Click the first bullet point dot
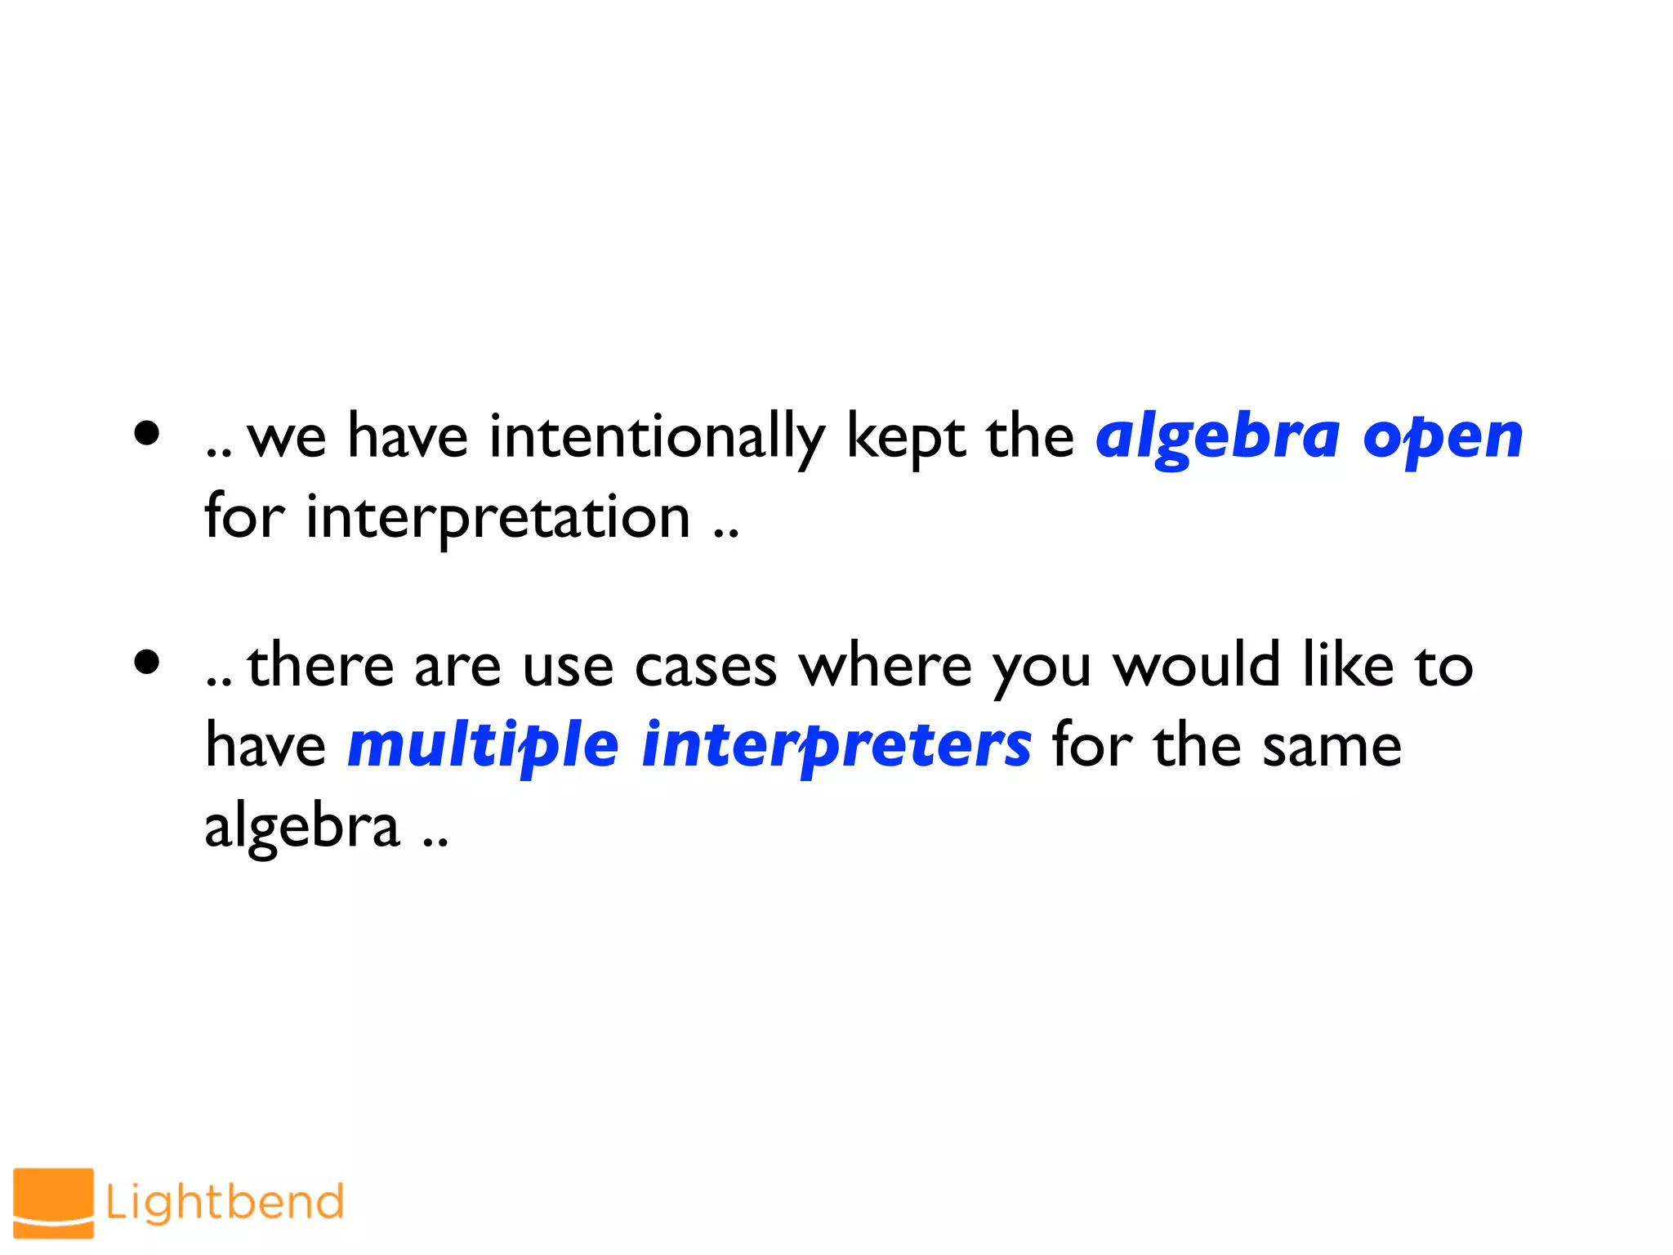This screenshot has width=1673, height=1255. click(x=147, y=434)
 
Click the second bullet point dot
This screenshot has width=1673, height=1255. click(x=147, y=663)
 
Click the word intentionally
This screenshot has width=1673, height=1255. click(x=657, y=437)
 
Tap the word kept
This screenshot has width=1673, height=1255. click(x=905, y=437)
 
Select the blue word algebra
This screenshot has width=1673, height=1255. click(x=1217, y=437)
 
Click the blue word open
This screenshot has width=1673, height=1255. click(x=1443, y=437)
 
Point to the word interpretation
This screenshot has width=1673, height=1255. click(x=498, y=518)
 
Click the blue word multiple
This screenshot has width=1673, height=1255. click(x=483, y=746)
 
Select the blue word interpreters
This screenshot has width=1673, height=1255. click(x=836, y=746)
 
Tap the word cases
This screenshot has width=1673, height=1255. click(x=706, y=666)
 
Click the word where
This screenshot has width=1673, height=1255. click(x=886, y=666)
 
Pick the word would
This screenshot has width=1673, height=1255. click(x=1197, y=666)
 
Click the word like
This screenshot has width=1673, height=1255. click(x=1348, y=666)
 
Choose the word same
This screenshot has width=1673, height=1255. click(x=1332, y=746)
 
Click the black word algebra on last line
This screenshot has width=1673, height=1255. click(x=302, y=827)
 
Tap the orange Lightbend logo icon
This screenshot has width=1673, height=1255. click(x=53, y=1202)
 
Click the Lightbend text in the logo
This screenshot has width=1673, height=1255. click(x=225, y=1202)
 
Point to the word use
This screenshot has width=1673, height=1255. click(x=568, y=666)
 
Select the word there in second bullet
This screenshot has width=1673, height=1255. click(x=321, y=666)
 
